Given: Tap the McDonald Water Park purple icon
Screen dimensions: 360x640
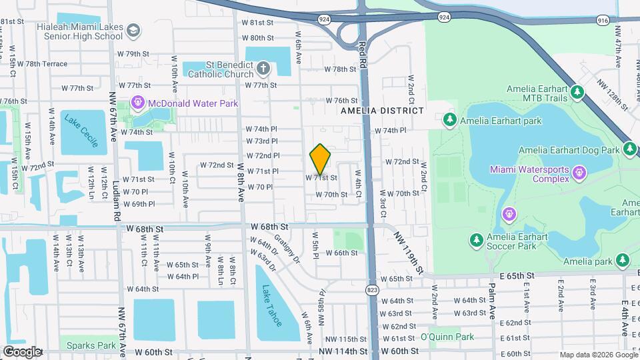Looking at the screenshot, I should point(138,103).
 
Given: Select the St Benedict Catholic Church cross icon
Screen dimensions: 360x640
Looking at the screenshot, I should point(263,68).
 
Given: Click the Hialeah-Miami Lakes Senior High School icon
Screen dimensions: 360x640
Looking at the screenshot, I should point(134,31).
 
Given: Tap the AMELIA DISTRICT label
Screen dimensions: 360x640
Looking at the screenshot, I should point(382,111).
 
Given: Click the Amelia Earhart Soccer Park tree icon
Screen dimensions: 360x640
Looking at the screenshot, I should point(476,239).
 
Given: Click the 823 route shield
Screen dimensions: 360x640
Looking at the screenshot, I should point(372,289).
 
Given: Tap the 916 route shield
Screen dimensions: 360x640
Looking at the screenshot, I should point(603,21).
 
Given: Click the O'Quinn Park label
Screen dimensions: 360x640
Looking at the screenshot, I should point(447,337).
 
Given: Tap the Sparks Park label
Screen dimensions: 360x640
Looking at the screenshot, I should point(97,346).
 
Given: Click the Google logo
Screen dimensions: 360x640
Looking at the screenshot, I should point(22,351).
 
